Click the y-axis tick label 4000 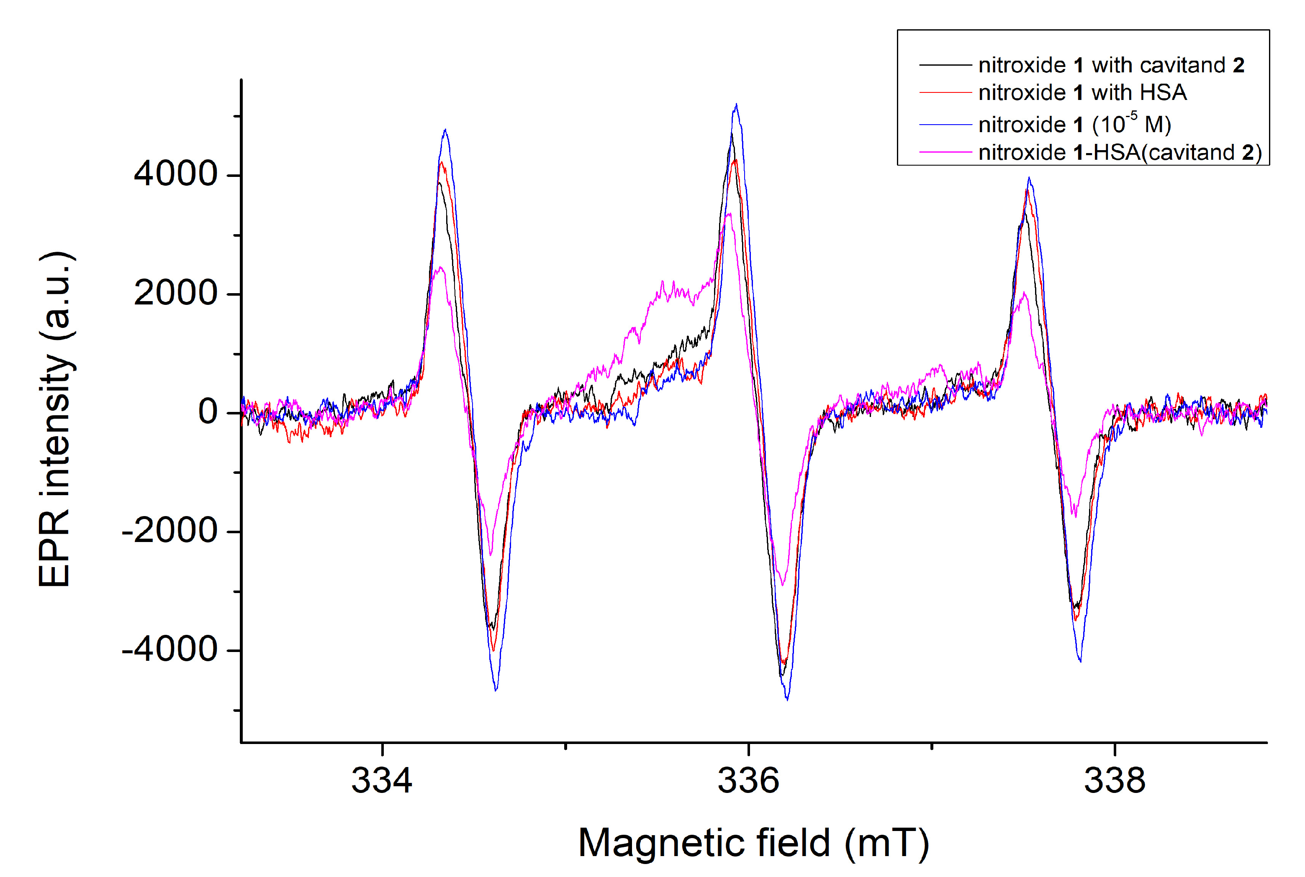175,174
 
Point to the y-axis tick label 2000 175,293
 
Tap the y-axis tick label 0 208,412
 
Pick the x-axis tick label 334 382,781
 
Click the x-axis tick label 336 748,781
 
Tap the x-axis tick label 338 1115,781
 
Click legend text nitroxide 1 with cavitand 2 1111,65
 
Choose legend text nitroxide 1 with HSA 1082,92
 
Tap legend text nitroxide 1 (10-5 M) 1074,124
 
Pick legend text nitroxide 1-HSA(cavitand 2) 1120,152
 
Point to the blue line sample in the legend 945,124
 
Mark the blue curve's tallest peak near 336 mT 737,105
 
